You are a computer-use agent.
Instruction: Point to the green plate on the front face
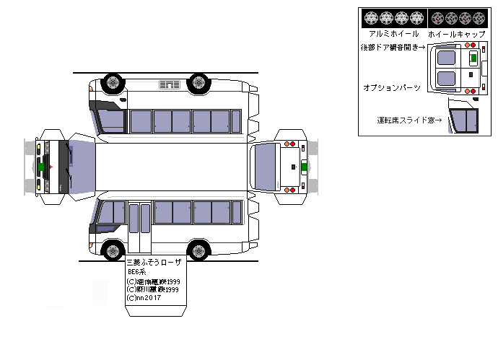click(x=42, y=167)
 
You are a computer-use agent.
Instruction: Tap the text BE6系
click(x=137, y=273)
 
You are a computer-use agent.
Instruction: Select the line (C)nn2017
click(x=142, y=297)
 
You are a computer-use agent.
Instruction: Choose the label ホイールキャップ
click(x=451, y=34)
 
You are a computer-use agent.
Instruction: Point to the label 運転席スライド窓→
click(x=409, y=120)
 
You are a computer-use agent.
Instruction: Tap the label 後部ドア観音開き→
click(x=394, y=48)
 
